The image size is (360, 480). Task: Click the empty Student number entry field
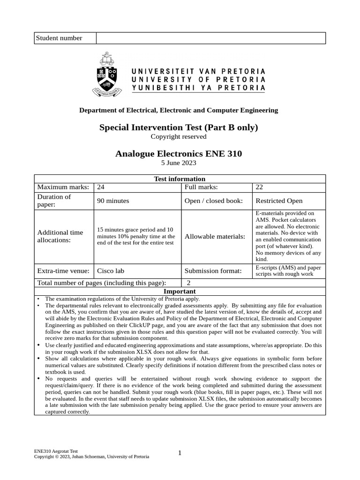tap(210, 38)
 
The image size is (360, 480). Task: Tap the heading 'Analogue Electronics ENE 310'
tap(179, 154)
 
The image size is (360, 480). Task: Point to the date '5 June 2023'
tap(179, 163)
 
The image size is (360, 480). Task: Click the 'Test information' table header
tap(180, 179)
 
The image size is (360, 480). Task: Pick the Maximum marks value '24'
tap(100, 187)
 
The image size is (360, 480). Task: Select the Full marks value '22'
tap(259, 187)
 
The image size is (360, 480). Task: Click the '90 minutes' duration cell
tap(112, 201)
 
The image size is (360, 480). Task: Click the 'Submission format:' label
tap(213, 270)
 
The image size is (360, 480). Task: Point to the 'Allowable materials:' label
tap(215, 236)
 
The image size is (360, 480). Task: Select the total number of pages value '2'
tap(188, 283)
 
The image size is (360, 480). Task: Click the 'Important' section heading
tap(180, 291)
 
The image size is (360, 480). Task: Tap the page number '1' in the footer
tap(180, 453)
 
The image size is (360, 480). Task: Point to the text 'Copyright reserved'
tap(179, 136)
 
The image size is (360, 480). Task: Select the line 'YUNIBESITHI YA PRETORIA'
tap(198, 88)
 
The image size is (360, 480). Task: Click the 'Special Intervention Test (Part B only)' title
tap(179, 127)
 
